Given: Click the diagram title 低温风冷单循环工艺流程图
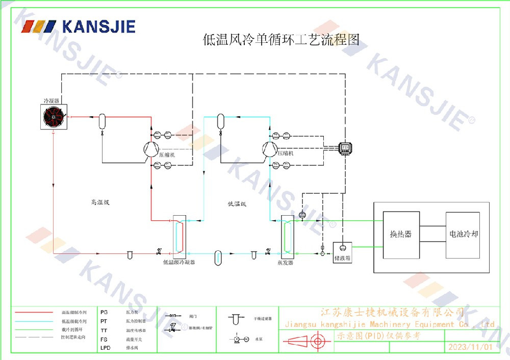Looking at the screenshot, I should [281, 40].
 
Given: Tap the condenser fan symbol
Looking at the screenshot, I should [54, 117].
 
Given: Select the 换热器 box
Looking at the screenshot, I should [401, 234].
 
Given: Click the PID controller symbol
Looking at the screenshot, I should [345, 147].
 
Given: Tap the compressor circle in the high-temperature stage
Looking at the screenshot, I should [151, 148].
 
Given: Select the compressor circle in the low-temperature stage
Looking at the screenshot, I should [270, 148].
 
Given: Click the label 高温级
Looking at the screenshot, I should [100, 202].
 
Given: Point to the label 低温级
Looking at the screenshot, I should [237, 204].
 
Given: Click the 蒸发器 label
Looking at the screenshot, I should [287, 263].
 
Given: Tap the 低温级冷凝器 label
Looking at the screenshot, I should [178, 263].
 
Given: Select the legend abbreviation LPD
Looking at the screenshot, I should [105, 348].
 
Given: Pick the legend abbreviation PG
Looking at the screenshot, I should [104, 312].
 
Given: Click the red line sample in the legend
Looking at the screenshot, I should [34, 312].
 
